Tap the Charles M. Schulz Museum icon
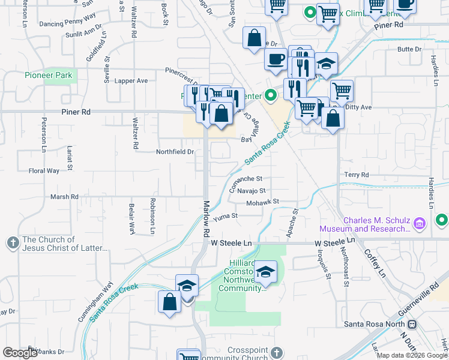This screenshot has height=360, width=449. tap(420, 224)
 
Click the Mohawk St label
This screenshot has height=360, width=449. tap(263, 202)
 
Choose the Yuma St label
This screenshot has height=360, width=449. tap(226, 215)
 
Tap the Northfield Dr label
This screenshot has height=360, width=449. tap(175, 152)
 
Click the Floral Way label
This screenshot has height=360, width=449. tap(44, 171)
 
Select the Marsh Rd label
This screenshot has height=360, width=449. tap(64, 197)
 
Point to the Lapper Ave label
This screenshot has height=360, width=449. tap(131, 80)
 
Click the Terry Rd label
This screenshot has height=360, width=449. tap(356, 175)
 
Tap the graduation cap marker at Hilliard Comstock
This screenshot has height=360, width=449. tap(265, 272)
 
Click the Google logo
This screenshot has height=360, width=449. tap(19, 353)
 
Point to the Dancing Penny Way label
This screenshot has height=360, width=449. tap(67, 24)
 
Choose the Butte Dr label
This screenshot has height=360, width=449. tap(410, 49)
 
